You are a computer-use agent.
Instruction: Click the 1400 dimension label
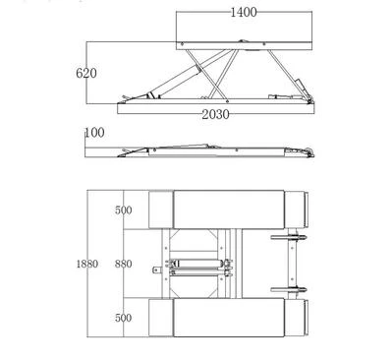[244, 12]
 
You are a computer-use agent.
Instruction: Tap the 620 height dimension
[86, 73]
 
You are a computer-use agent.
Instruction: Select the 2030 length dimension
[215, 114]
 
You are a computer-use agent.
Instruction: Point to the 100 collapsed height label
[95, 133]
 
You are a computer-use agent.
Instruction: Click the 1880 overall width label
[87, 264]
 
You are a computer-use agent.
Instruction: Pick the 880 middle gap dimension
[124, 264]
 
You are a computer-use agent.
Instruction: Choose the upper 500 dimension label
[124, 210]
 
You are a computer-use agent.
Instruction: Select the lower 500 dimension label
[124, 318]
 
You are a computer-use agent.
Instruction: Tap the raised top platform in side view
[244, 45]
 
